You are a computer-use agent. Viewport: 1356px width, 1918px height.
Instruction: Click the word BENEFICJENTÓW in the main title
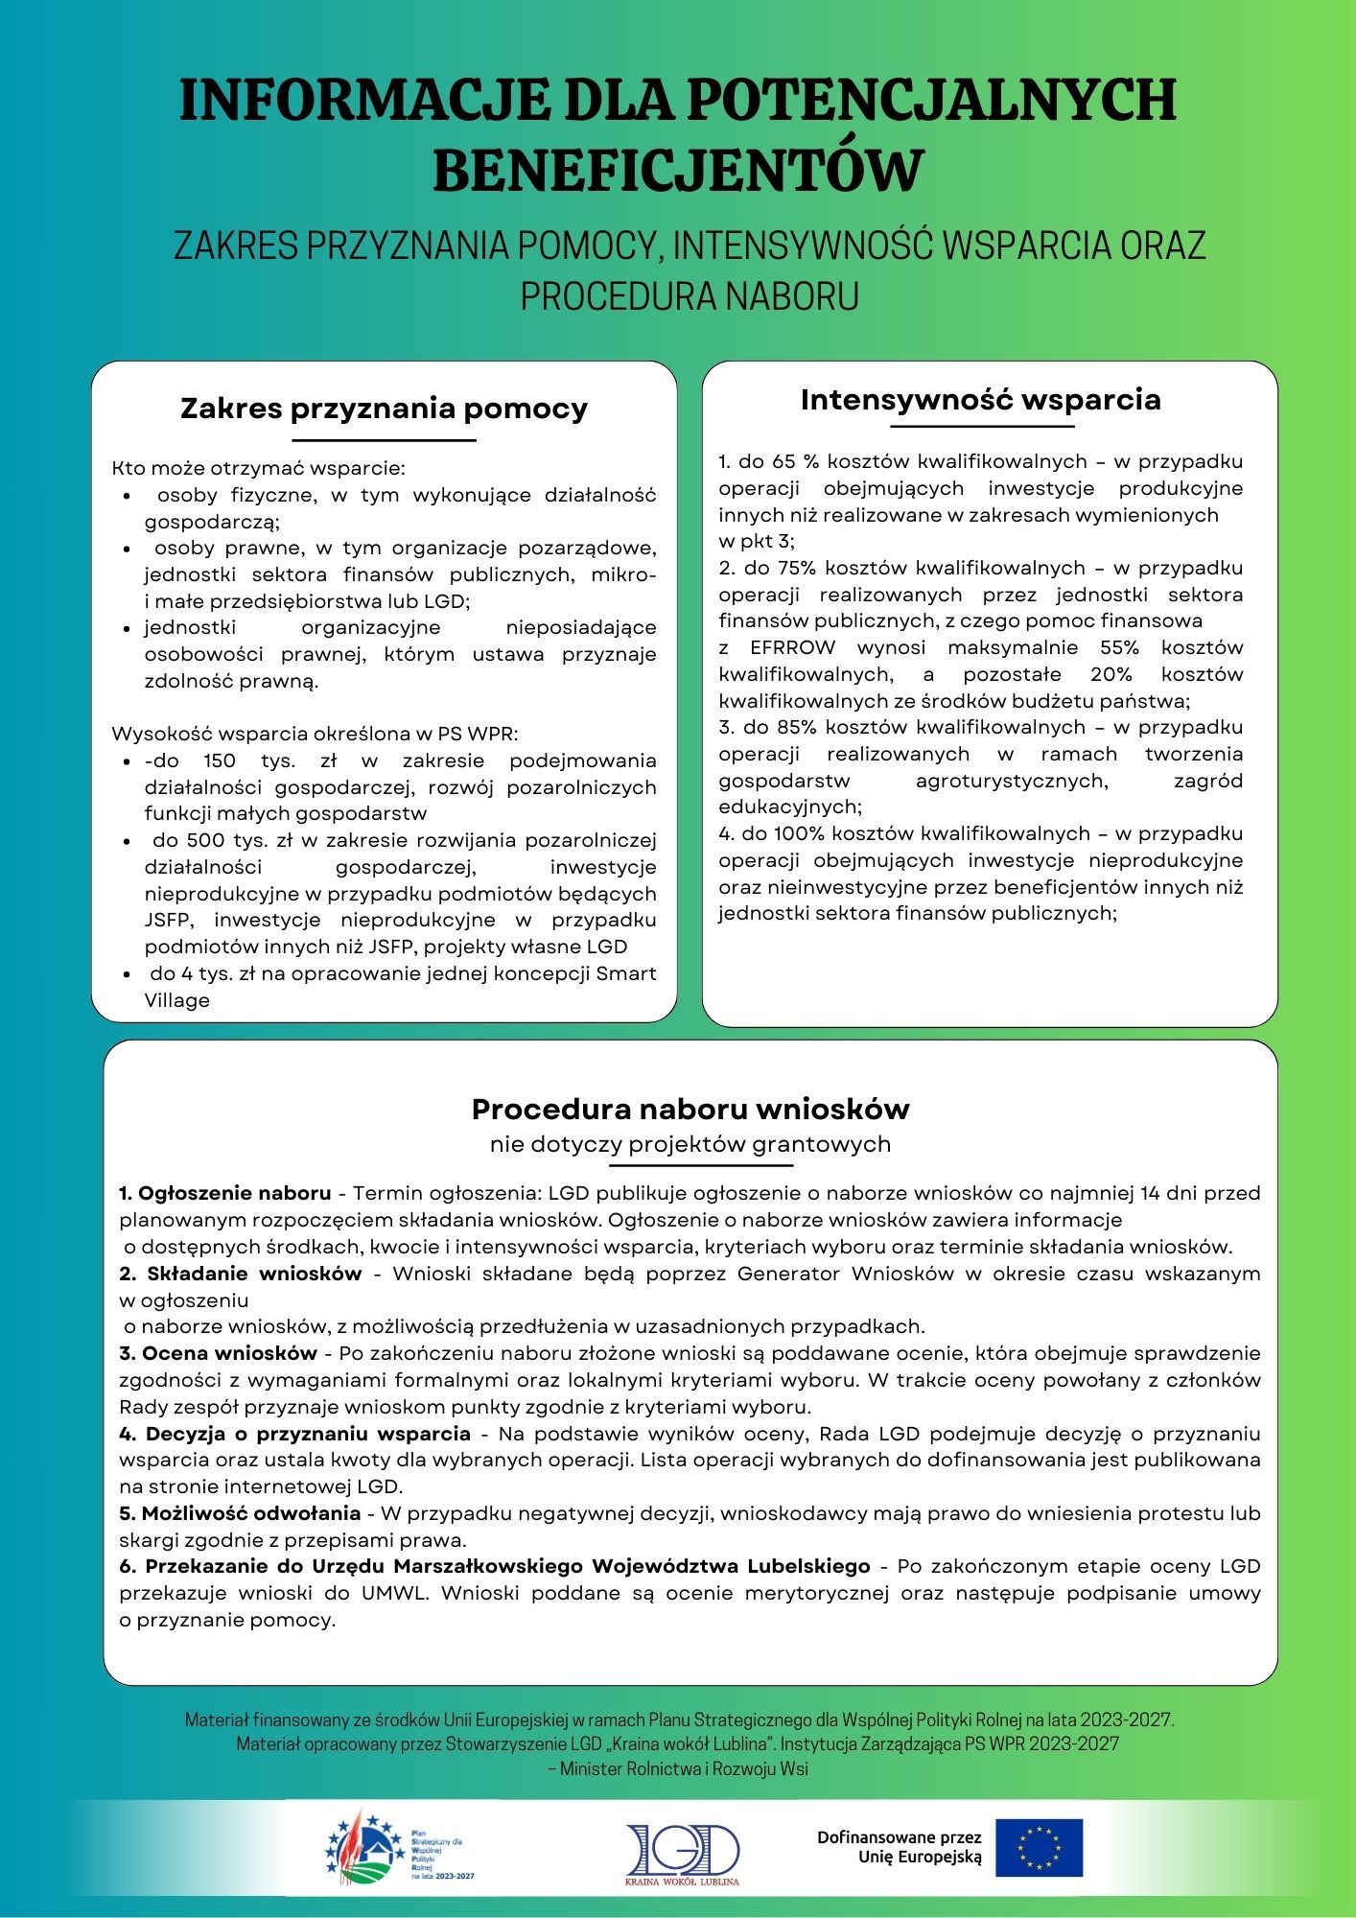[677, 170]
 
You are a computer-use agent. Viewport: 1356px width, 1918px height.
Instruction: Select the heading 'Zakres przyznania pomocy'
[384, 409]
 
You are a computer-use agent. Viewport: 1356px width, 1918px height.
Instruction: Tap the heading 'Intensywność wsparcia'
[980, 399]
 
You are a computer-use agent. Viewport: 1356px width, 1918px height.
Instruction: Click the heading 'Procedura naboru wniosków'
[690, 1109]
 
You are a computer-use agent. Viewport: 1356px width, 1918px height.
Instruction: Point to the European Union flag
[1039, 1847]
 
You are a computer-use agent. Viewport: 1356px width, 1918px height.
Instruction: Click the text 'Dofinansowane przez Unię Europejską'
[899, 1847]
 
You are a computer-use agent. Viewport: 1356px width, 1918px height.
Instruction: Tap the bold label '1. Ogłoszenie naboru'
[225, 1193]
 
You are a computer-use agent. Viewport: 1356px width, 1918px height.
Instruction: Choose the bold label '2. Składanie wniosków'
[241, 1274]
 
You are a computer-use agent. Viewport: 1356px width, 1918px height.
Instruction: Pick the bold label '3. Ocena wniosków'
[219, 1353]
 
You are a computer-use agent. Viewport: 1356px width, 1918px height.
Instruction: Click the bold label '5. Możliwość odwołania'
[240, 1513]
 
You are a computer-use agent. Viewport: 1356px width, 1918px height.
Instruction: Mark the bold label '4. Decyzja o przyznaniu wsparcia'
[295, 1434]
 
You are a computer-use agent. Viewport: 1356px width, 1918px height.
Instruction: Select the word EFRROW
[792, 647]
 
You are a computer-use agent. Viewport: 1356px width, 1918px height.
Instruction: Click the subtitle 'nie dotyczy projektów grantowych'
[690, 1144]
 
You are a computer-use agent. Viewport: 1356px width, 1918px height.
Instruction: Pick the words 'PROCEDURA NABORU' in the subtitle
[689, 295]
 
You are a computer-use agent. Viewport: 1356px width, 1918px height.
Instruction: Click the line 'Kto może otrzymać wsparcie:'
[259, 469]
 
